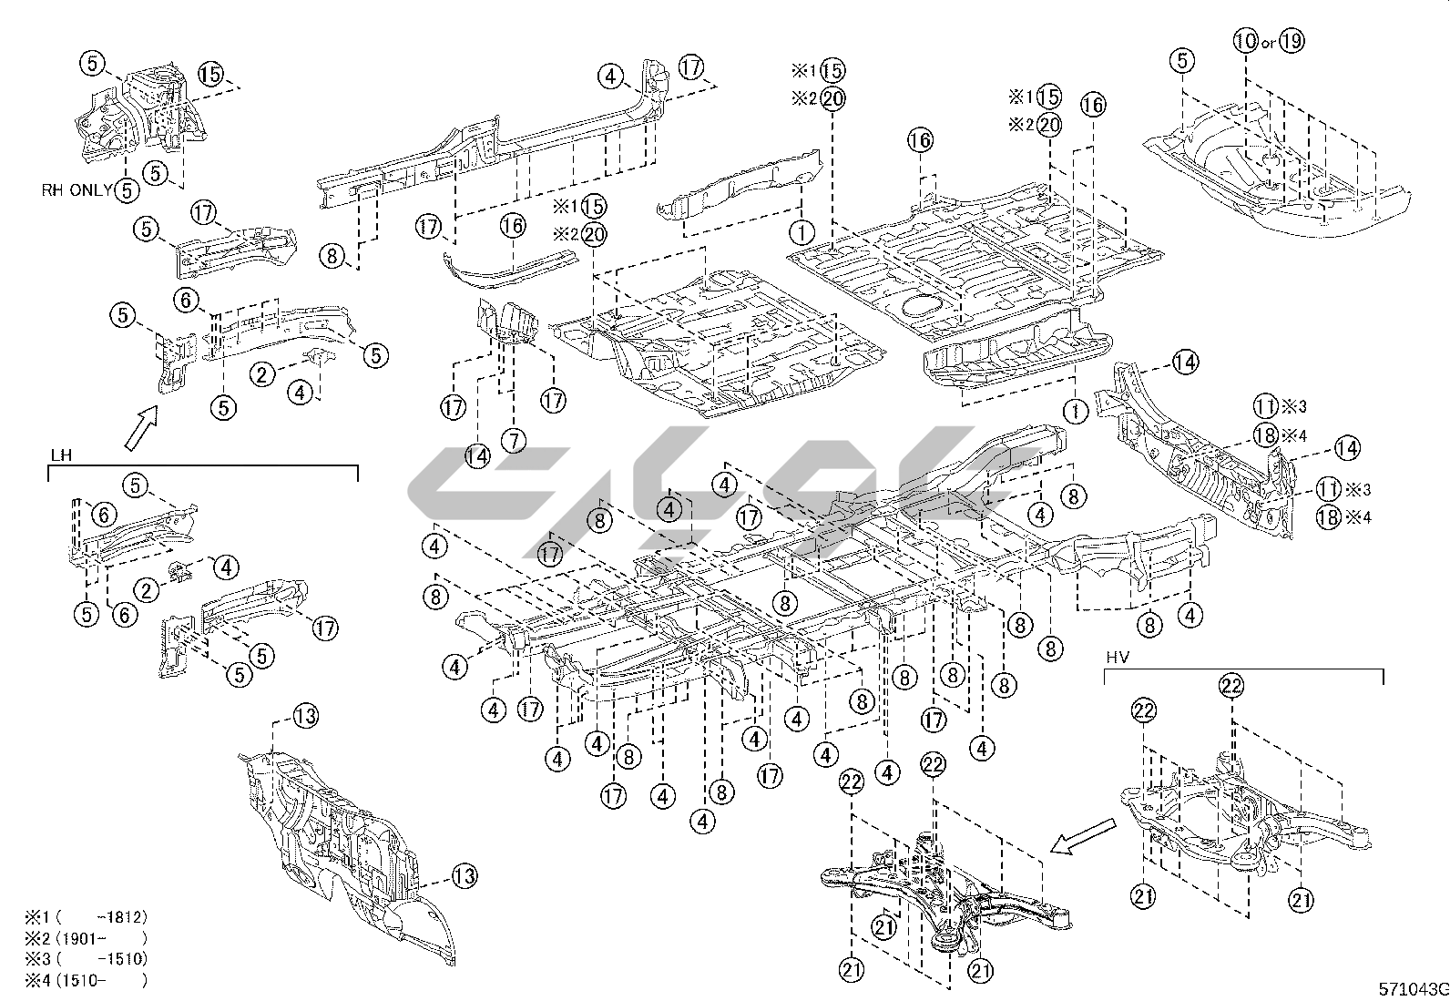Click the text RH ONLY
[x=77, y=190]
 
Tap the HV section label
[x=1116, y=657]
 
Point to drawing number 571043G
[x=1412, y=989]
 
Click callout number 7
[x=513, y=441]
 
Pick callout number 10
[x=1246, y=41]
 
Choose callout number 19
[x=1291, y=41]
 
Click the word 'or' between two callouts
[x=1268, y=43]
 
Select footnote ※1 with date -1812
[x=86, y=917]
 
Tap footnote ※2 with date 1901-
[x=86, y=938]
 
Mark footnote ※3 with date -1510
[x=86, y=959]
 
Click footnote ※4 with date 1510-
[x=86, y=980]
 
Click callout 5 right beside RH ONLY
[x=127, y=189]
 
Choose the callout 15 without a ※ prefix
[x=210, y=75]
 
